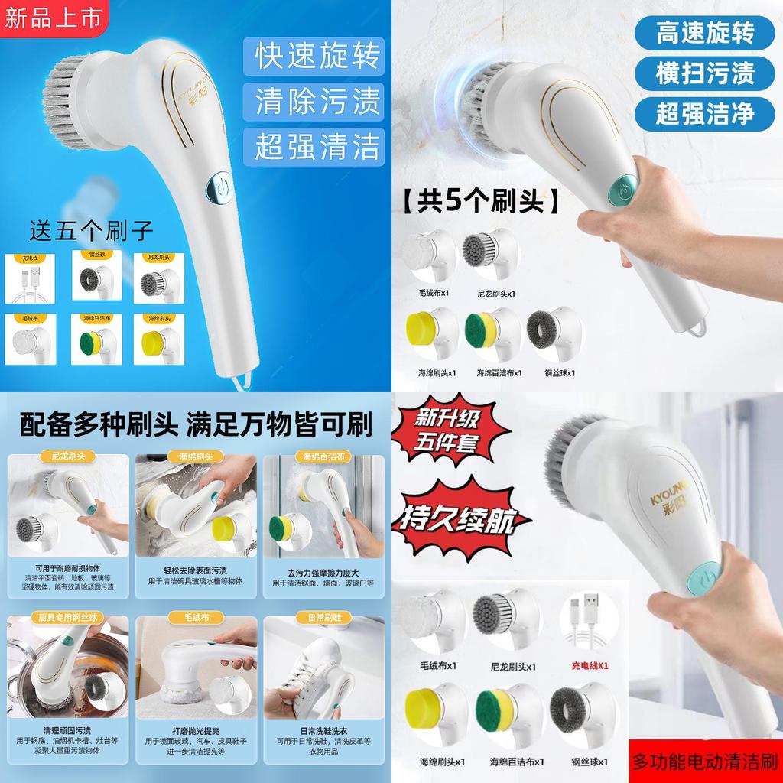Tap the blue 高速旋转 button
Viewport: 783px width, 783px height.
704,33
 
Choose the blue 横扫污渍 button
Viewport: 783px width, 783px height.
704,73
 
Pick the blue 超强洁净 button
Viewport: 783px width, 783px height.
704,113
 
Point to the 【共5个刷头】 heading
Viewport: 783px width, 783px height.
479,202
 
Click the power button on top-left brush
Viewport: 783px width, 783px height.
222,187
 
